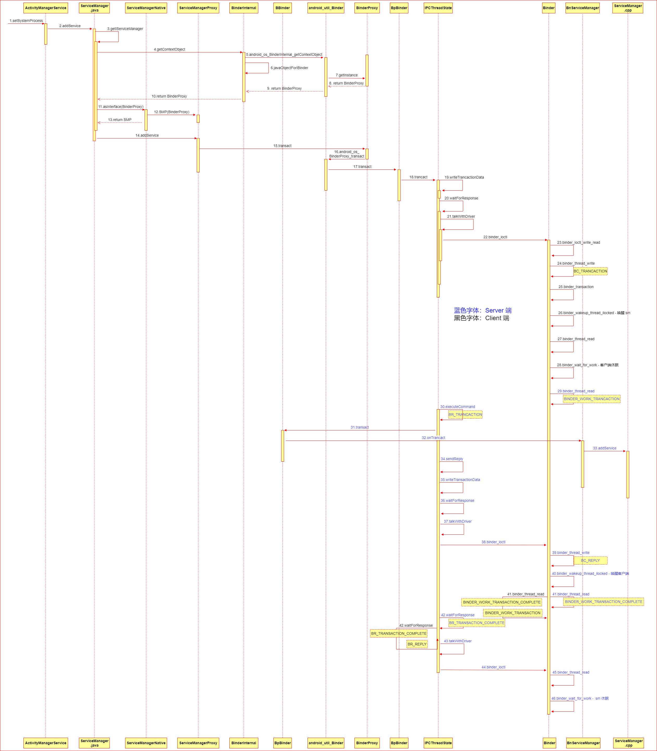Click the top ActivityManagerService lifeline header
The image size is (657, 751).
(45, 8)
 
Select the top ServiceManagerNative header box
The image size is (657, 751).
(146, 8)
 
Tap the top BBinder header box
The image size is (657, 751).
(282, 8)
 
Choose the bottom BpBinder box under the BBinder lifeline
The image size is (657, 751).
(282, 743)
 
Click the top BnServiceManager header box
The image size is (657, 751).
(582, 8)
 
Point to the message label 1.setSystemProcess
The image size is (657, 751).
(26, 21)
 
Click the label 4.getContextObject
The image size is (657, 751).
(169, 50)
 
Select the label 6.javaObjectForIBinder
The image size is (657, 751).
(289, 68)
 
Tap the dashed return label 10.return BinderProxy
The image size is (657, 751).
(169, 96)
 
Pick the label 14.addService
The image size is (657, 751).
(147, 136)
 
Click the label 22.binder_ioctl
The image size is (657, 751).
(495, 237)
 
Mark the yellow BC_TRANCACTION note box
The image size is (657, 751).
(590, 271)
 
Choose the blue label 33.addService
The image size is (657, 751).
(605, 448)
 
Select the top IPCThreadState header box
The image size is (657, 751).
(438, 8)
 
